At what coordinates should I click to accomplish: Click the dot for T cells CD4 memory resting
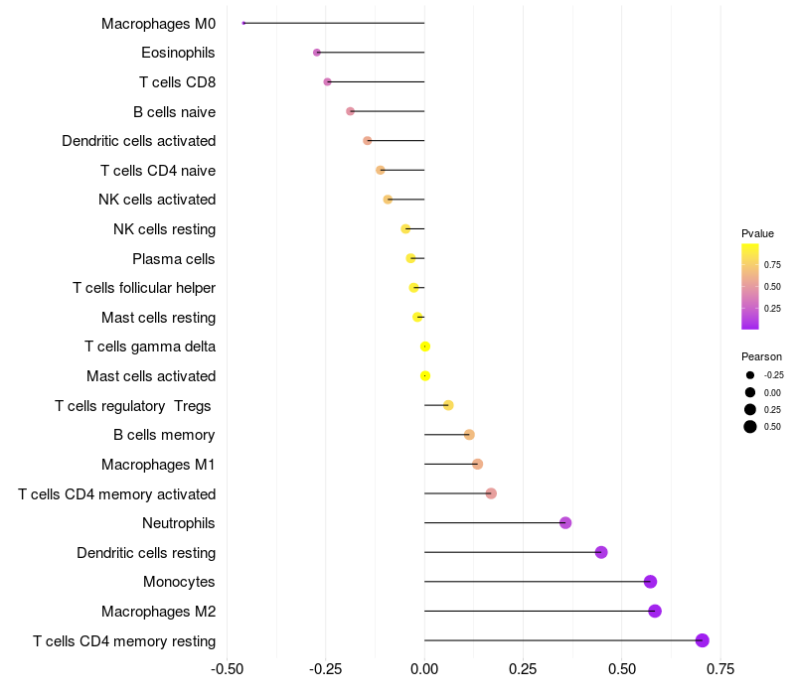pyautogui.click(x=703, y=640)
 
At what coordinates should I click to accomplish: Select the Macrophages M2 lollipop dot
pyautogui.click(x=655, y=611)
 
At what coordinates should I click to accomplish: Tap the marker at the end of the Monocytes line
pyautogui.click(x=650, y=582)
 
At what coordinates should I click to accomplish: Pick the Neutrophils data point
pyautogui.click(x=565, y=523)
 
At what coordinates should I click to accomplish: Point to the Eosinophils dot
pyautogui.click(x=317, y=53)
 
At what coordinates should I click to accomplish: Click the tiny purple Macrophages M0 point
pyautogui.click(x=243, y=23)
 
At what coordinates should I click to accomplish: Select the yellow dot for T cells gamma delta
pyautogui.click(x=425, y=347)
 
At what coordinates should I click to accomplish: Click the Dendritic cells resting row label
pyautogui.click(x=146, y=552)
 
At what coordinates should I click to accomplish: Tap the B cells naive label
pyautogui.click(x=174, y=111)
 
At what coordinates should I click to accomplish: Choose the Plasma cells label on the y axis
pyautogui.click(x=173, y=259)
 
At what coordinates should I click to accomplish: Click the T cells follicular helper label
pyautogui.click(x=144, y=288)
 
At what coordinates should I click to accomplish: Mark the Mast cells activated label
pyautogui.click(x=151, y=376)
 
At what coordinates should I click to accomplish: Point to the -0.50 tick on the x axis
pyautogui.click(x=228, y=668)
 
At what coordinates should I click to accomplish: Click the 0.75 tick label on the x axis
pyautogui.click(x=720, y=668)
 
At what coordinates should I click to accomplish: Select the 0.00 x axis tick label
pyautogui.click(x=424, y=668)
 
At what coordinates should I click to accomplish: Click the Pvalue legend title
pyautogui.click(x=757, y=233)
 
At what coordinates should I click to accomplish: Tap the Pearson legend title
pyautogui.click(x=761, y=356)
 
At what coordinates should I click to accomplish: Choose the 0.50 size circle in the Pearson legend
pyautogui.click(x=749, y=427)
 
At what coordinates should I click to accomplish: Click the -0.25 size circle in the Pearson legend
pyautogui.click(x=749, y=375)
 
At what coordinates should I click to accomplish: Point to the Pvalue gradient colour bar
pyautogui.click(x=750, y=286)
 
